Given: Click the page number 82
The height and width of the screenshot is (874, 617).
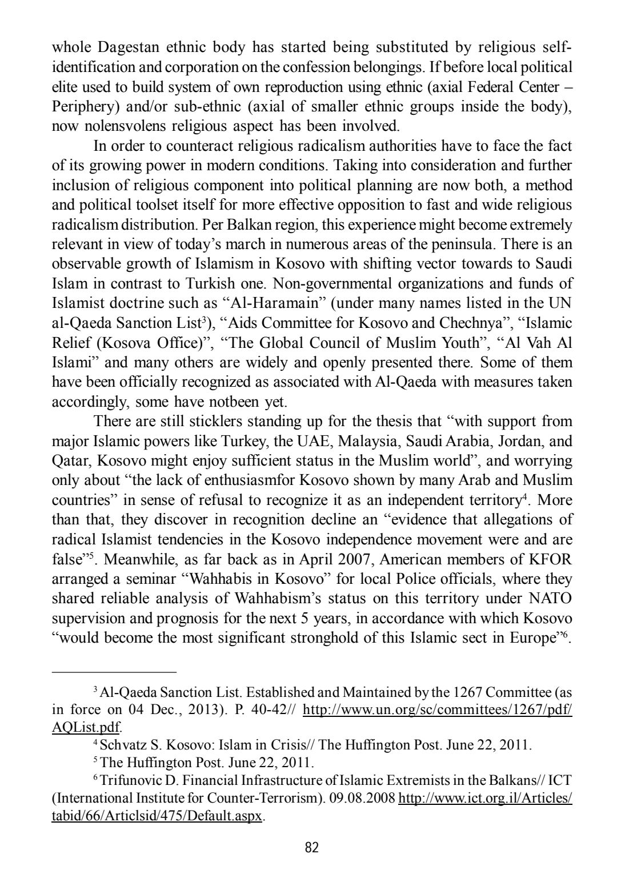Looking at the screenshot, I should [311, 847].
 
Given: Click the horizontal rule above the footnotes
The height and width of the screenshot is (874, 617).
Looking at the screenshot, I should [114, 672].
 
